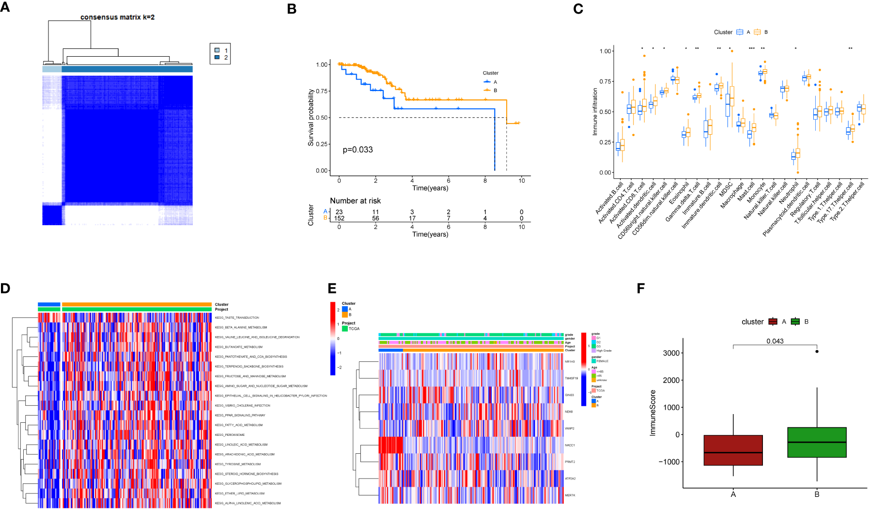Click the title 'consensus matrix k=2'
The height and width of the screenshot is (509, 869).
pyautogui.click(x=117, y=17)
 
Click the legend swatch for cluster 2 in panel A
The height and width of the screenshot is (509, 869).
pyautogui.click(x=217, y=57)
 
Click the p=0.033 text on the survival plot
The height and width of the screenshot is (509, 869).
pyautogui.click(x=357, y=150)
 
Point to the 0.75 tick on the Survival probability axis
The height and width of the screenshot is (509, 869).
pyautogui.click(x=323, y=91)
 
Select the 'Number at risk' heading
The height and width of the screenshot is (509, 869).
pyautogui.click(x=355, y=201)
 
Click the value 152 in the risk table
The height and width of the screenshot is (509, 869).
pyautogui.click(x=339, y=218)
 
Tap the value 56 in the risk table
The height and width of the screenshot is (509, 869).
pyautogui.click(x=375, y=218)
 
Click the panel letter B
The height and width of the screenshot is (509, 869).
pyautogui.click(x=292, y=9)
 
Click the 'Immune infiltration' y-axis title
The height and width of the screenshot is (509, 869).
pyautogui.click(x=595, y=111)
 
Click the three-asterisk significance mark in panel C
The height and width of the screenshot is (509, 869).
pyautogui.click(x=751, y=49)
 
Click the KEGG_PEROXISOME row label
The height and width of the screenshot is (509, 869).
pyautogui.click(x=230, y=435)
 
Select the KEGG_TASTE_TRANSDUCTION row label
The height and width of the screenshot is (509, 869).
pyautogui.click(x=237, y=318)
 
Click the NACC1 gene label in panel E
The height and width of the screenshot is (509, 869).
pyautogui.click(x=570, y=445)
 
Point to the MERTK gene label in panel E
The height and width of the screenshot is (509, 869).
pyautogui.click(x=570, y=495)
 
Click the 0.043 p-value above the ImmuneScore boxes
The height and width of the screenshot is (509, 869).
pyautogui.click(x=775, y=341)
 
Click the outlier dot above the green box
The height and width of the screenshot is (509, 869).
pyautogui.click(x=817, y=352)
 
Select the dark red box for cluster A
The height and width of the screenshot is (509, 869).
pyautogui.click(x=733, y=450)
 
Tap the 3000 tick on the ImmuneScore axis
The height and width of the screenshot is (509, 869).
pyautogui.click(x=671, y=353)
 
